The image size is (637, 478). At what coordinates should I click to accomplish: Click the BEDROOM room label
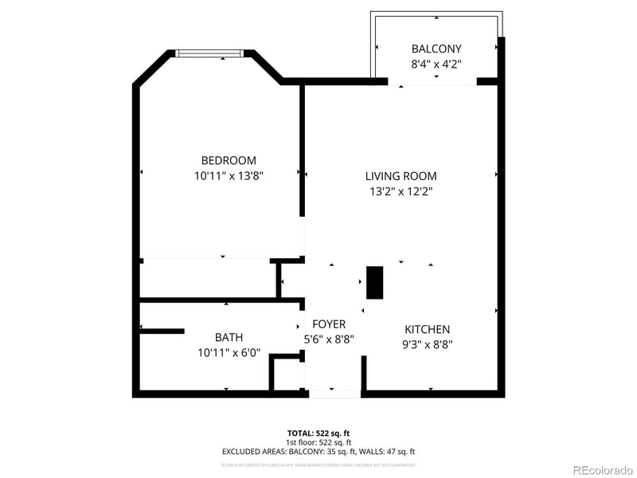[x=229, y=160]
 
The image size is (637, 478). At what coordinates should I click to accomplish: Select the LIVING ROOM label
[x=401, y=176]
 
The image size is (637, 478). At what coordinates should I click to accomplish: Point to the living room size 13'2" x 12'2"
[x=401, y=191]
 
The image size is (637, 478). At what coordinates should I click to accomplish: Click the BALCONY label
[x=436, y=49]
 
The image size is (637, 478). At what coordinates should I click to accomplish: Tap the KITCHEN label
[x=428, y=329]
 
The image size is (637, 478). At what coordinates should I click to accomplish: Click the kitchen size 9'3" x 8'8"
[x=428, y=345]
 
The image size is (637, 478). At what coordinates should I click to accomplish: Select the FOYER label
[x=329, y=324]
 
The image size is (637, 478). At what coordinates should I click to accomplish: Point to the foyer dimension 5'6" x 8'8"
[x=329, y=339]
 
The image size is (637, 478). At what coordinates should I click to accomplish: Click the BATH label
[x=229, y=337]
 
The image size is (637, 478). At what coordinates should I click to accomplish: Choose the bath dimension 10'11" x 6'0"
[x=229, y=352]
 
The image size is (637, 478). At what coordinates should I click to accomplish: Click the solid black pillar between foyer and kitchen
[x=374, y=283]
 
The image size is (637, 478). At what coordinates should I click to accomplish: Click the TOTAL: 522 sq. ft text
[x=318, y=433]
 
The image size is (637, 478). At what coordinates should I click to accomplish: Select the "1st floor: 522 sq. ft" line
[x=318, y=442]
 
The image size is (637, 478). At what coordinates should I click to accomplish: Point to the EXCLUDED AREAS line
[x=318, y=452]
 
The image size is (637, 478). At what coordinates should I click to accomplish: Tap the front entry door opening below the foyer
[x=334, y=393]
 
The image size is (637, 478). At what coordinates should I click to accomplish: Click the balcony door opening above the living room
[x=432, y=81]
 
